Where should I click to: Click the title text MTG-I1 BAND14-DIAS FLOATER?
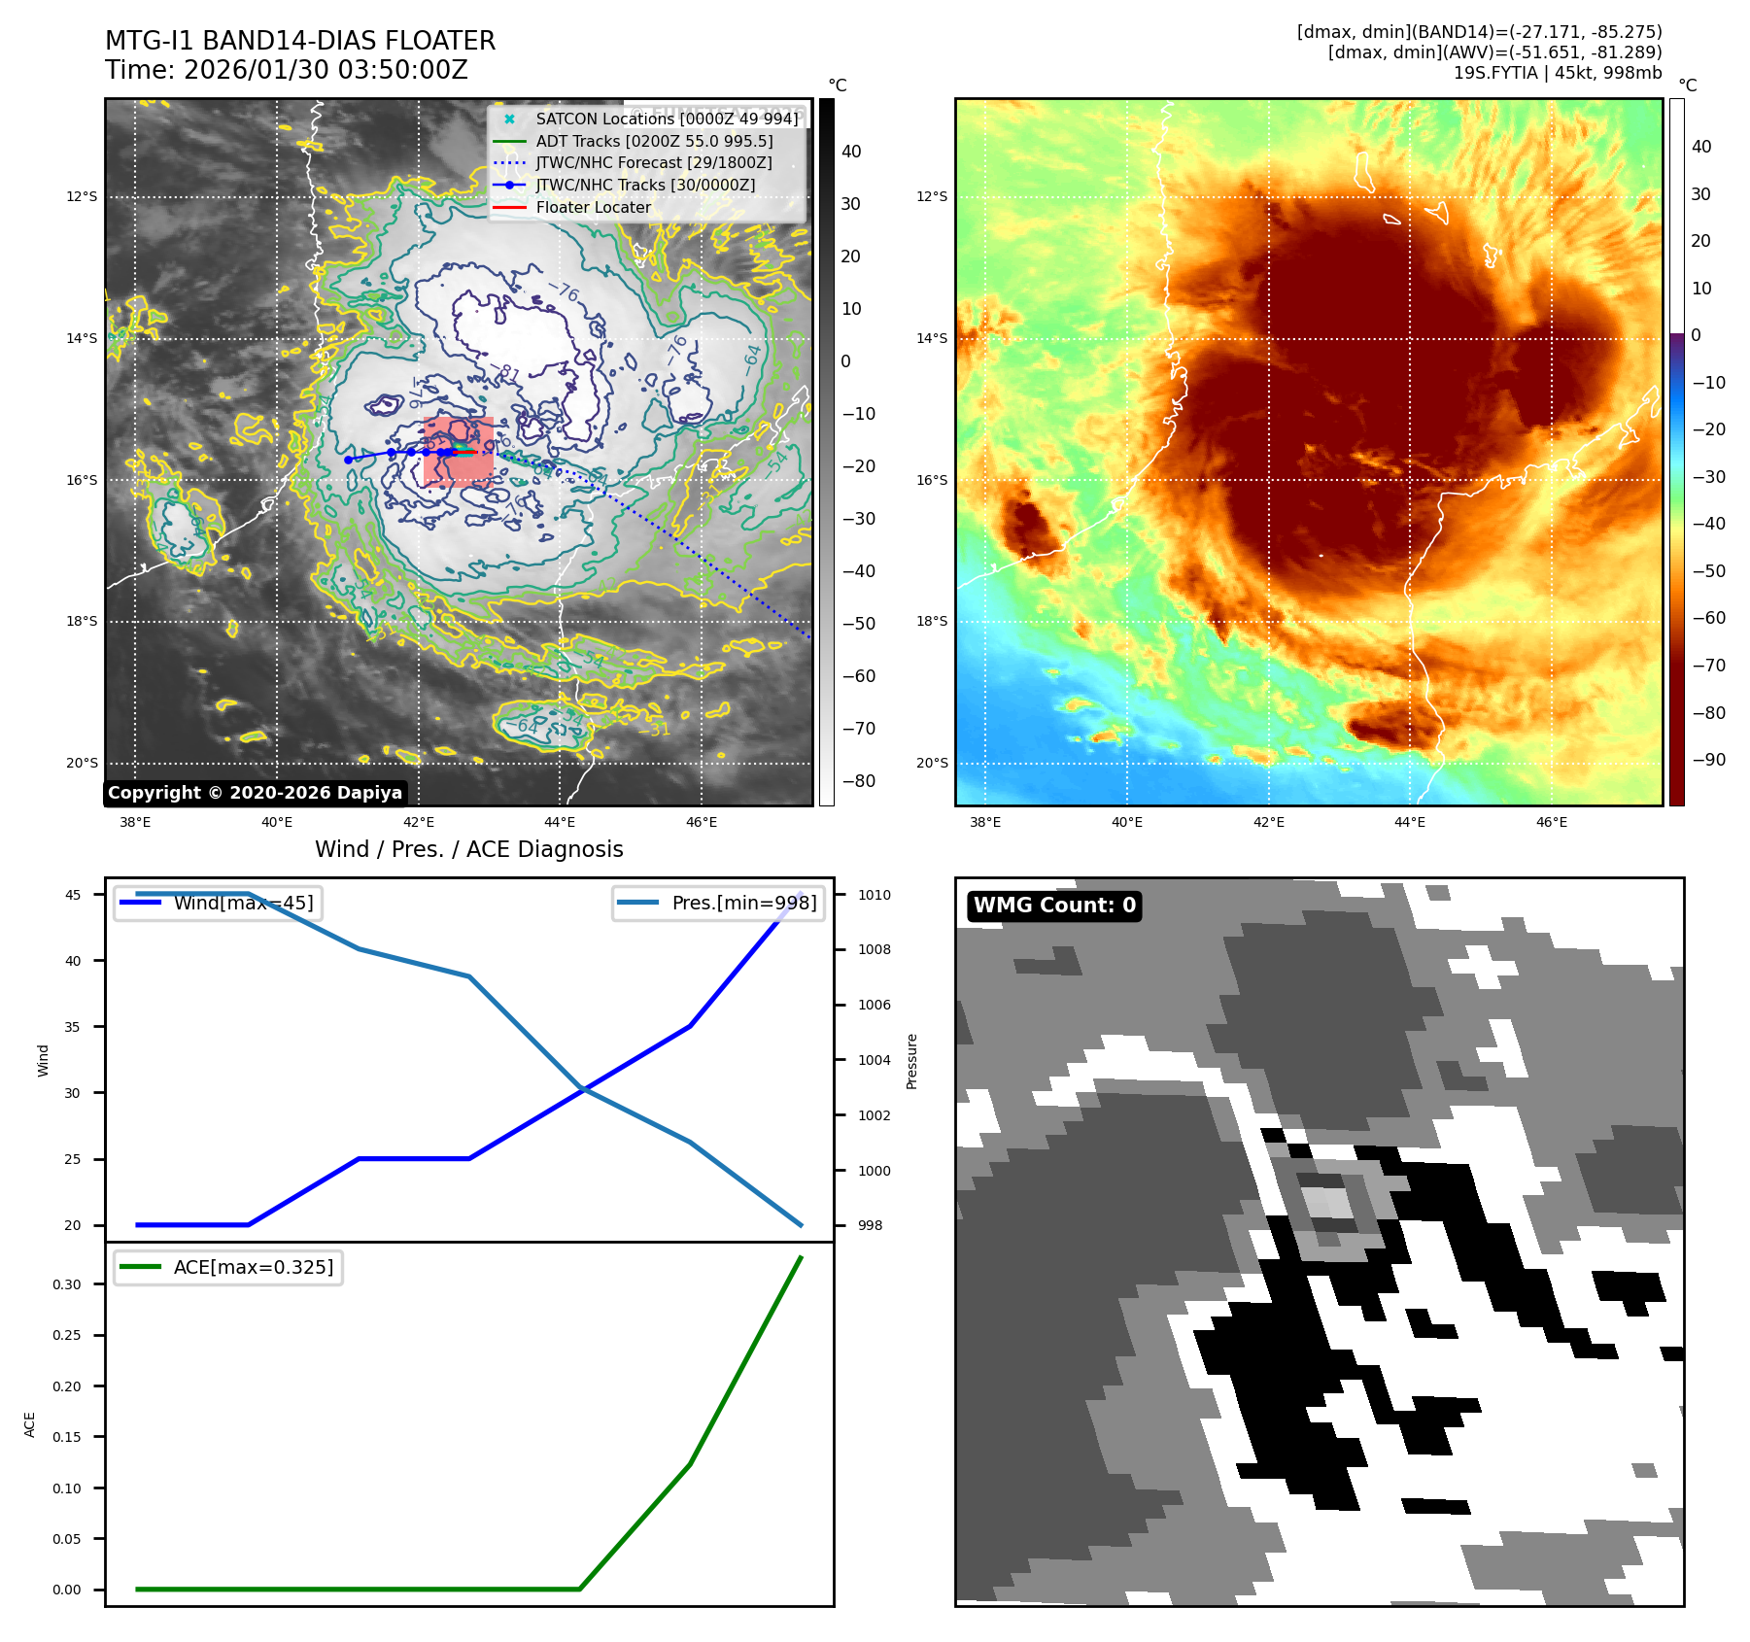coord(300,41)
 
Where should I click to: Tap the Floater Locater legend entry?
coord(593,207)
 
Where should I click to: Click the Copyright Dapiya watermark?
coord(255,793)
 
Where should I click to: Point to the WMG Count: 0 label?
coord(1054,906)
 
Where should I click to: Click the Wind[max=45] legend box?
coord(219,903)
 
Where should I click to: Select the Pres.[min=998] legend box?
coord(718,903)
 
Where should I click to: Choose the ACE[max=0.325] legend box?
coord(228,1267)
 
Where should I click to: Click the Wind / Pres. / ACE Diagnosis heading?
coord(468,849)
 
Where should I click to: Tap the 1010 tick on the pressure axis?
coord(874,895)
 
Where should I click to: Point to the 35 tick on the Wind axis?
coord(73,1027)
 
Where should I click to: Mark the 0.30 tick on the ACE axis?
coord(67,1284)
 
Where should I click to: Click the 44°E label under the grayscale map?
coord(560,823)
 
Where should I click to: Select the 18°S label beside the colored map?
coord(932,622)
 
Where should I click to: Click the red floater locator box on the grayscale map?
coord(459,452)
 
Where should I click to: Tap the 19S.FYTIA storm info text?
coord(1557,73)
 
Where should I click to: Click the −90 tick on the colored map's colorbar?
coord(1709,760)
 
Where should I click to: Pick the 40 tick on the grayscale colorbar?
coord(851,152)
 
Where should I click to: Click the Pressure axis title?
coord(911,1061)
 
